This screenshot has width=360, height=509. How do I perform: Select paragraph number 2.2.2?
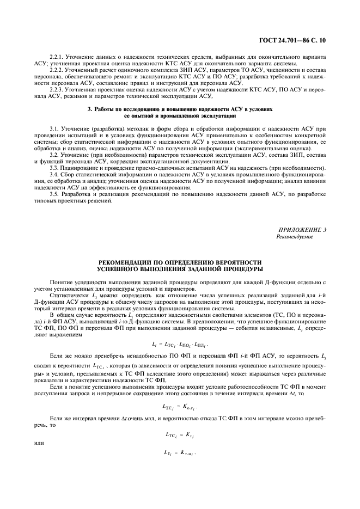tap(57, 70)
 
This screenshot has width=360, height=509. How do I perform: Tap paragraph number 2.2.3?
tap(57, 89)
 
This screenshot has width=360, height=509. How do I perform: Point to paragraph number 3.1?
tap(53, 127)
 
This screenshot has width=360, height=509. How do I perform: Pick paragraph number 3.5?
tap(53, 194)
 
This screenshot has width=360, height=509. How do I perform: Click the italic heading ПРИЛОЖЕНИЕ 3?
tap(302, 230)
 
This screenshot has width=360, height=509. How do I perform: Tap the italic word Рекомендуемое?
tap(295, 237)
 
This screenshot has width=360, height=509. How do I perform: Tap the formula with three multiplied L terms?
tap(180, 345)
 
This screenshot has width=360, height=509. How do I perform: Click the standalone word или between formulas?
tap(38, 443)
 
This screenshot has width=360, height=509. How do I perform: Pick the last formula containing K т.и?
tap(179, 453)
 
